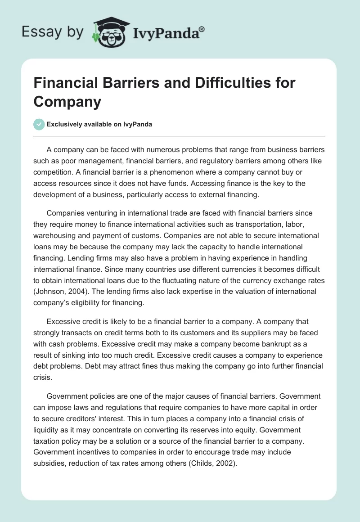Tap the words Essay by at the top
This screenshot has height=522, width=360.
(x=53, y=32)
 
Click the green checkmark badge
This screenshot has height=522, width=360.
(x=39, y=124)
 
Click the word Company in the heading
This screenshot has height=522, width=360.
(x=67, y=102)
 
